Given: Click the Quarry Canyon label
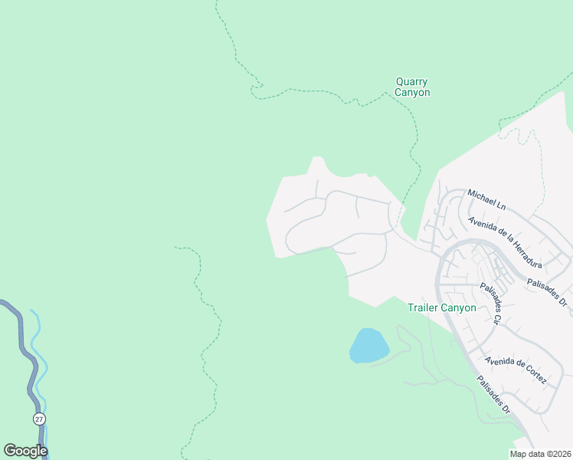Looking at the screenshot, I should pos(412,87).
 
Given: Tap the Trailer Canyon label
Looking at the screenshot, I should pos(441,307).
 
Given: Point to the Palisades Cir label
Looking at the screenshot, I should pos(490,304).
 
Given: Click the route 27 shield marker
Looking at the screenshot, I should pos(38,419).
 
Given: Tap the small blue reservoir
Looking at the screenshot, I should pos(368,345).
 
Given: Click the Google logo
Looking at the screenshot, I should pos(25,451).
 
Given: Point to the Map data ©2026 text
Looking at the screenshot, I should pos(540,454).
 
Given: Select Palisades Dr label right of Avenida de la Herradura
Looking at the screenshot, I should pos(546,291).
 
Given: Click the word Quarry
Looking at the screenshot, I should pos(412,81).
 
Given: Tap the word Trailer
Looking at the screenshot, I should pos(423,307).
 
